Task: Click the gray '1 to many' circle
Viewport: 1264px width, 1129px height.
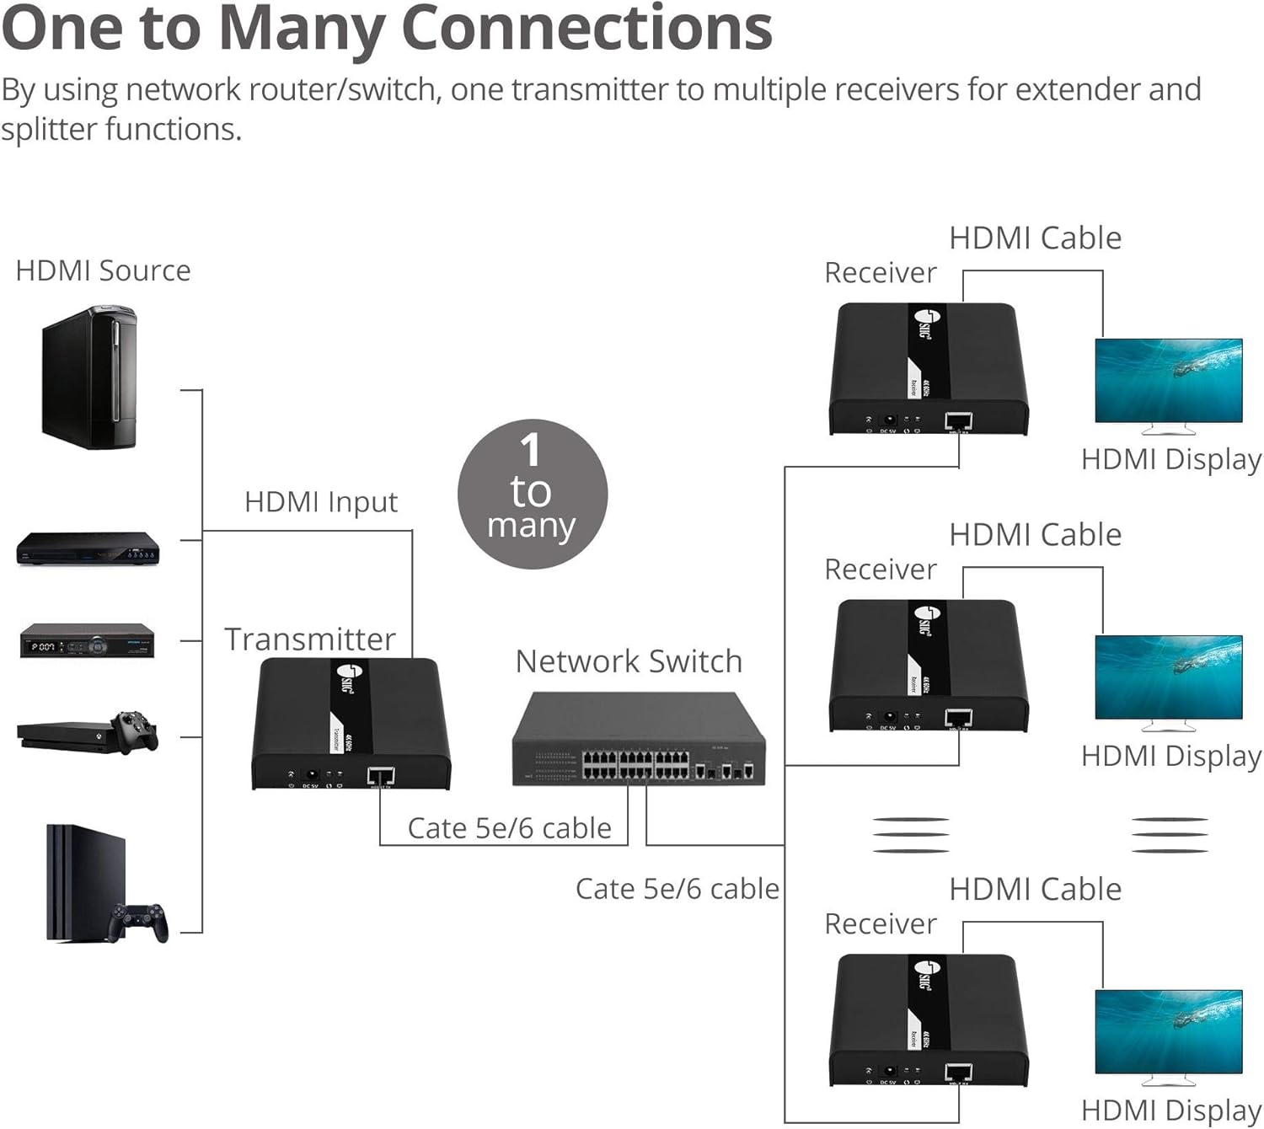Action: click(532, 494)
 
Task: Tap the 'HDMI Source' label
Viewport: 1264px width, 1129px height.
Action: click(103, 270)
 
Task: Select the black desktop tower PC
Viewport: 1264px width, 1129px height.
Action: click(88, 377)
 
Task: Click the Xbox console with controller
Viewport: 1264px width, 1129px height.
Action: click(88, 731)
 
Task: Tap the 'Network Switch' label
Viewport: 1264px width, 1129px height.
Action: click(629, 661)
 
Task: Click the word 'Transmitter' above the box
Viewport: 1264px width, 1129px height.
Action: click(309, 639)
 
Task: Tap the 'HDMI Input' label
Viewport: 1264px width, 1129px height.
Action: click(320, 502)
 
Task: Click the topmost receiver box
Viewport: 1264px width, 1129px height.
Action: click(929, 369)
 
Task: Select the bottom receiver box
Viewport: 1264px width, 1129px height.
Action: click(929, 1020)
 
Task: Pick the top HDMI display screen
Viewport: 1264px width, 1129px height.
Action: click(1168, 380)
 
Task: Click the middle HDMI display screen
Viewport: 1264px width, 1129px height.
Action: click(1168, 677)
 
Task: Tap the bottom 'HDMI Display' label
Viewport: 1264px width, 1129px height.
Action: click(1170, 1110)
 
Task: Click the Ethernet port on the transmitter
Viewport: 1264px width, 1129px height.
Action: click(381, 775)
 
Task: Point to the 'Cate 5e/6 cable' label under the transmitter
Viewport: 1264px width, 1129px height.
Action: click(509, 828)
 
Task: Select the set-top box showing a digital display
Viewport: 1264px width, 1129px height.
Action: click(87, 641)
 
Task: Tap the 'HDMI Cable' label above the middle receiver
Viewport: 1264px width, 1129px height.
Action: click(1035, 535)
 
